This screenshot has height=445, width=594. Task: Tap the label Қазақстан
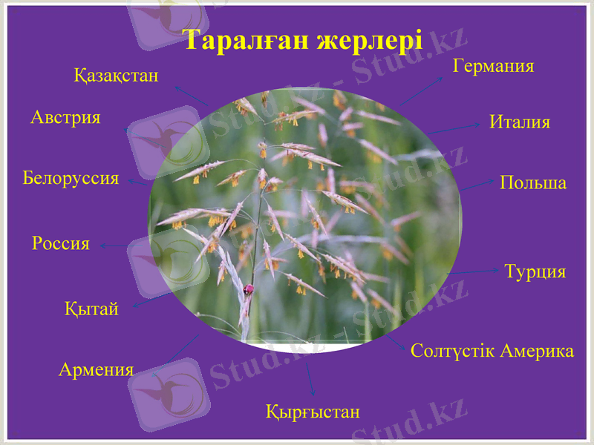coord(116,75)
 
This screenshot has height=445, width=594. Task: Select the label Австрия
coord(65,117)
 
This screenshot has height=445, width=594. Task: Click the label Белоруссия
coord(71,178)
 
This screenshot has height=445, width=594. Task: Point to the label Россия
coord(61,243)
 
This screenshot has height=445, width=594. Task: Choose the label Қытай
coord(91,309)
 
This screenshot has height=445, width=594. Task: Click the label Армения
coord(96,369)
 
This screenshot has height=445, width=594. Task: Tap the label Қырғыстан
coord(313,412)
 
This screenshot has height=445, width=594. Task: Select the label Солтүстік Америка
coord(492,351)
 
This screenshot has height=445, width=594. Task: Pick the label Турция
coord(535,271)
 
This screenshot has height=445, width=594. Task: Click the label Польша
coord(532,182)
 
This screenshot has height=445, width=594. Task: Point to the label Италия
coord(520,122)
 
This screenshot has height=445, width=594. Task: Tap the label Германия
coord(493,66)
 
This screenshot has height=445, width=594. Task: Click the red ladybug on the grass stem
coord(249,289)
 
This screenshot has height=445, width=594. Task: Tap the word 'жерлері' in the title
coord(369,40)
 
